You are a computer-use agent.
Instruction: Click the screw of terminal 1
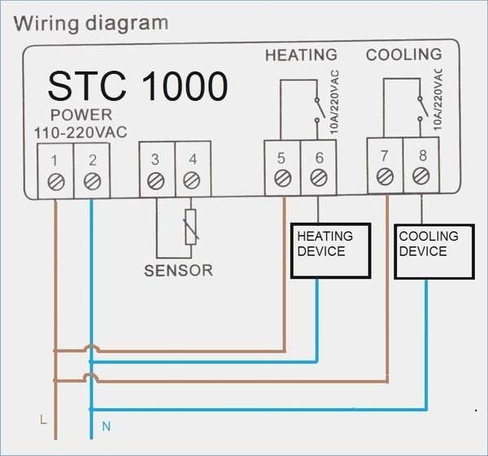point(56,181)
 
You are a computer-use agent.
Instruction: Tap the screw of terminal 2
point(93,181)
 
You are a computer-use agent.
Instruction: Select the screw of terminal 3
point(156,181)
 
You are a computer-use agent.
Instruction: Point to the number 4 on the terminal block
point(193,159)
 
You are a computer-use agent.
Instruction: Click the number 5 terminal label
point(281,158)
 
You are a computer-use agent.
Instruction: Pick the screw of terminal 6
point(319,178)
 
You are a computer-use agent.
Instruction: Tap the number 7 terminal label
point(385,156)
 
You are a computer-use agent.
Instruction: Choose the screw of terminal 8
point(421,176)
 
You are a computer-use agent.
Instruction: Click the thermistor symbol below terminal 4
point(190,227)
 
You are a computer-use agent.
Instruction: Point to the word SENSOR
point(179,271)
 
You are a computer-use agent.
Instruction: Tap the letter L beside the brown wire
point(43,419)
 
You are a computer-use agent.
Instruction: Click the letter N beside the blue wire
point(106,426)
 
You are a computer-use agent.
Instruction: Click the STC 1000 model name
point(138,86)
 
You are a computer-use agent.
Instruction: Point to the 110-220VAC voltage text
point(81,132)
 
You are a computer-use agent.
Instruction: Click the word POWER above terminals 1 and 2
point(81,115)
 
